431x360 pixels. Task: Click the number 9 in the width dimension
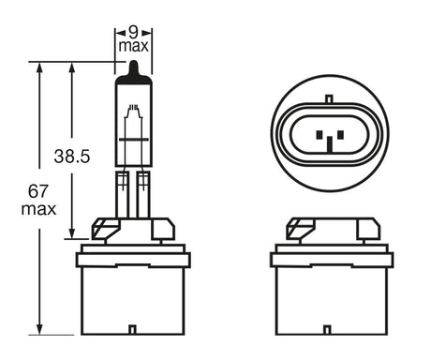(133, 30)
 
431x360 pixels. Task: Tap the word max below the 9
(133, 45)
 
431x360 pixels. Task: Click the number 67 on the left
(39, 191)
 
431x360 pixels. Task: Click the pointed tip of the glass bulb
(133, 66)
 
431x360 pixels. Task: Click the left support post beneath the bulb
(122, 192)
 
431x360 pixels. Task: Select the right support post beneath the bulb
(143, 192)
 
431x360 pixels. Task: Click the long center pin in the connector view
(330, 141)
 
